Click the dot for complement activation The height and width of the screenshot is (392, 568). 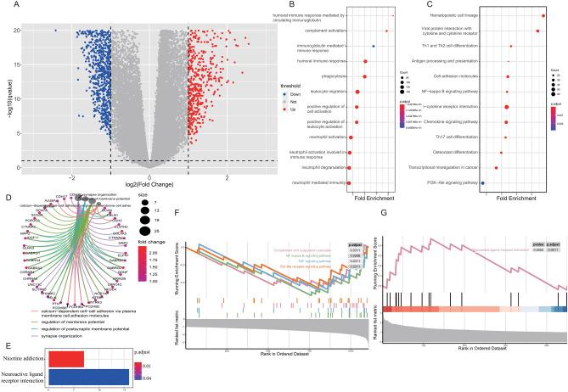click(386, 31)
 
